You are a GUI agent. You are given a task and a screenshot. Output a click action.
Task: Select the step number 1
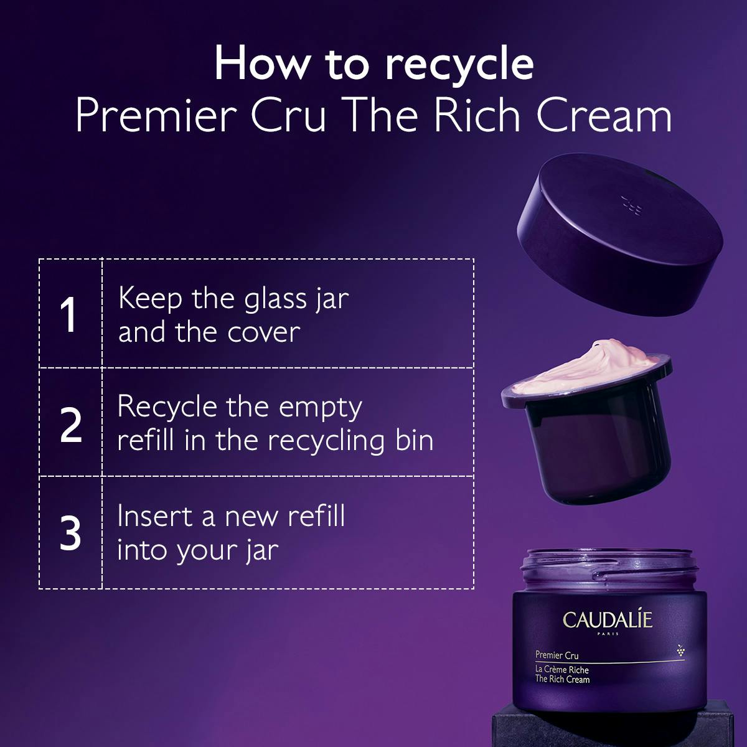point(68,314)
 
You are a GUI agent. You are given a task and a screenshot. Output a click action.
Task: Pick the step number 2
point(71,425)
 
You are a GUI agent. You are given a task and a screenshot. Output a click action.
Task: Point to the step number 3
point(70,533)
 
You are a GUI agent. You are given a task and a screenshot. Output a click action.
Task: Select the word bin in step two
point(414,441)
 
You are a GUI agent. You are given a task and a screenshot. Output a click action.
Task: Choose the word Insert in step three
point(154,517)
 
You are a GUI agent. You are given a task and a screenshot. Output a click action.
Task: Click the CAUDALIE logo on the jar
point(608,620)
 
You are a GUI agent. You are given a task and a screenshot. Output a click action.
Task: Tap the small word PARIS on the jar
point(608,634)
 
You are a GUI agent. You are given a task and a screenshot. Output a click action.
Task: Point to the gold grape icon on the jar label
point(680,651)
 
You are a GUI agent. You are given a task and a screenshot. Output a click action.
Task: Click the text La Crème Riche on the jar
point(561,670)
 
